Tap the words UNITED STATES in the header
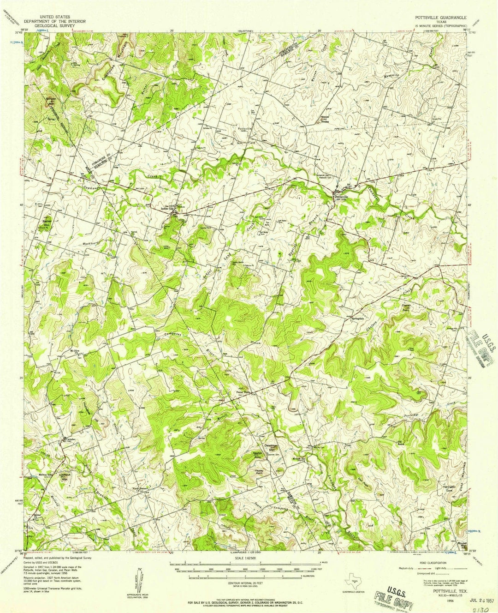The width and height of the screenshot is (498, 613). (53, 16)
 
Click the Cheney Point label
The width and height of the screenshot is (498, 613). (406, 307)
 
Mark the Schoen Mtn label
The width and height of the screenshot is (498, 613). (50, 100)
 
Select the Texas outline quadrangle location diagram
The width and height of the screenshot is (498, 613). (353, 583)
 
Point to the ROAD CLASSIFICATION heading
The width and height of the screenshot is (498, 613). (429, 563)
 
